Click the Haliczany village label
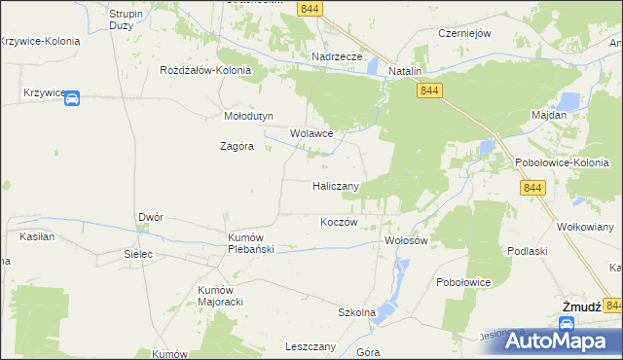point(337,185)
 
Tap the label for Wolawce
point(311,133)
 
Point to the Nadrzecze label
point(337,56)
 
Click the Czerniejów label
point(464,32)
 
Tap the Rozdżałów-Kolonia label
point(206,71)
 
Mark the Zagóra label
point(236,147)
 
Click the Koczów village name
point(340,222)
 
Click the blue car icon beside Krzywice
point(72,97)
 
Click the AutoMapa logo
point(553,340)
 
